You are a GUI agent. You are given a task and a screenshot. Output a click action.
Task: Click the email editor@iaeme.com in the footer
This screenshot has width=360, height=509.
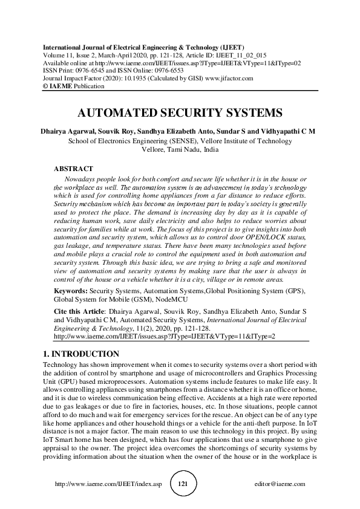281,485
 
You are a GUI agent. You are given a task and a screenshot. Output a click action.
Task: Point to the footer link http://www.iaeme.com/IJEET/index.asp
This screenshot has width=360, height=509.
109,485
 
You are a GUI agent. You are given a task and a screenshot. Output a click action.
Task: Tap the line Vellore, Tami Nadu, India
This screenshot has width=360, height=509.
180,149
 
